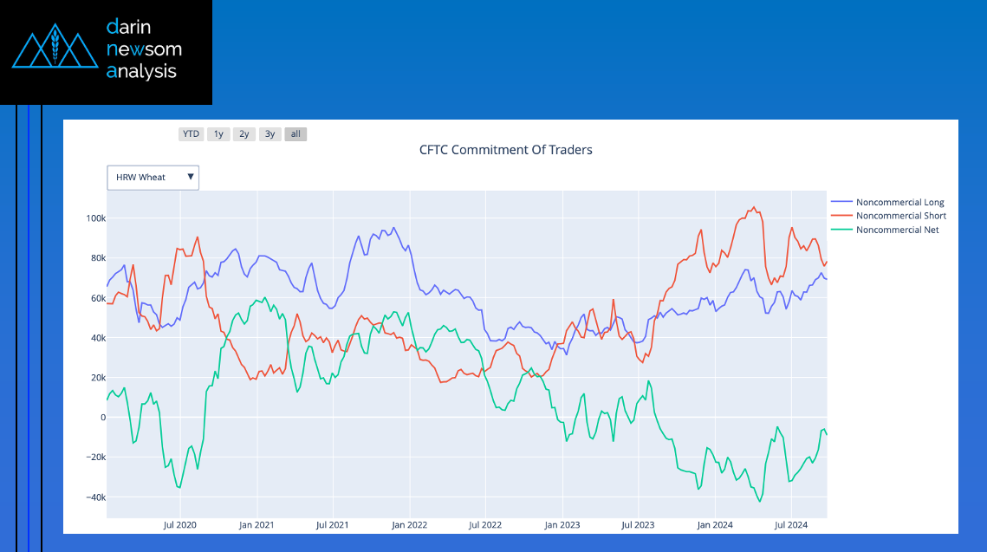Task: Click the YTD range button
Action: (191, 134)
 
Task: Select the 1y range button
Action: (218, 134)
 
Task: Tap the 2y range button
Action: (244, 134)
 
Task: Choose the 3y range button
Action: (270, 134)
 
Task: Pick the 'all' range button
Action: (295, 134)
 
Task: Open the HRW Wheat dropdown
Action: (153, 178)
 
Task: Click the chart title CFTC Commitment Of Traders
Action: (506, 150)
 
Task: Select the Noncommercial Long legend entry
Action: (899, 202)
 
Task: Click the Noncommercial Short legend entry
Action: (900, 216)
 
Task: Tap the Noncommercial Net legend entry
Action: (897, 230)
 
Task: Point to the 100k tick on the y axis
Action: (94, 218)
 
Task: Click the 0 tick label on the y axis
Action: (102, 418)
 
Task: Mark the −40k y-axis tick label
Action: (94, 497)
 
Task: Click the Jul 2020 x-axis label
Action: (180, 525)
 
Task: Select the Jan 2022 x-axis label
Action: (409, 525)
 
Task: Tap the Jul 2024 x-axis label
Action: (791, 525)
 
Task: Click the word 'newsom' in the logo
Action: (144, 49)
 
